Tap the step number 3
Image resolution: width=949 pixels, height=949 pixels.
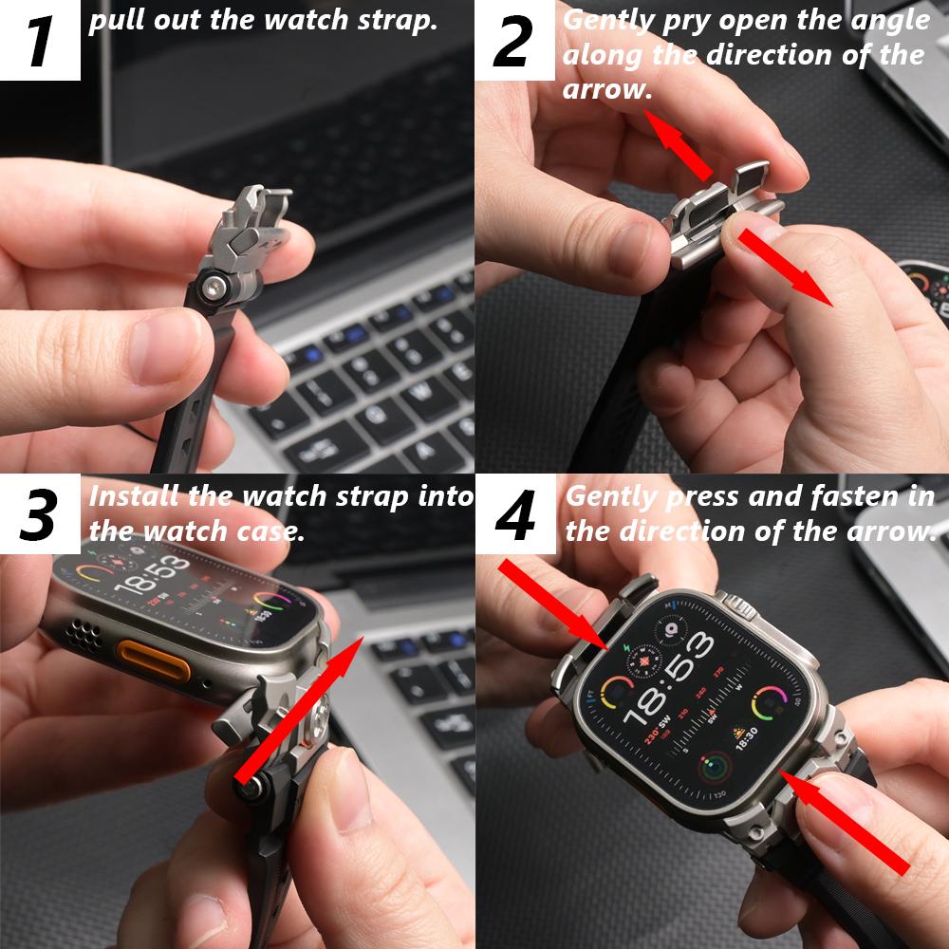pos(39,514)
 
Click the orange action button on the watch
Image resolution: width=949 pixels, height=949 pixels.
pos(152,660)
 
